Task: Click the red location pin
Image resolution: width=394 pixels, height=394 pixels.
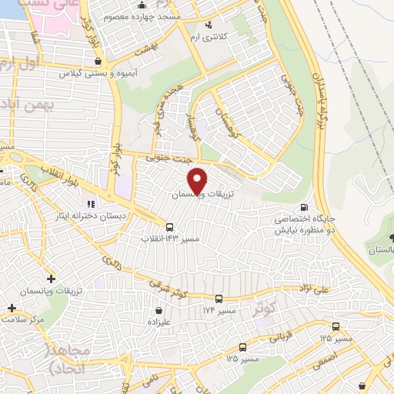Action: coord(199,180)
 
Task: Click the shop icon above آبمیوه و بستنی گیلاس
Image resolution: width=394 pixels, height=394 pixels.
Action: coord(98,61)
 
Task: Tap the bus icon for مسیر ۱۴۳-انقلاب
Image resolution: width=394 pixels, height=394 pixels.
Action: coord(169,226)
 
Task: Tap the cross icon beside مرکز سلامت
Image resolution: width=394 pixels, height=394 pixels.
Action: coord(12,307)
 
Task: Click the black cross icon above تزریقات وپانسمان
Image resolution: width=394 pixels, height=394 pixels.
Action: coord(52,278)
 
